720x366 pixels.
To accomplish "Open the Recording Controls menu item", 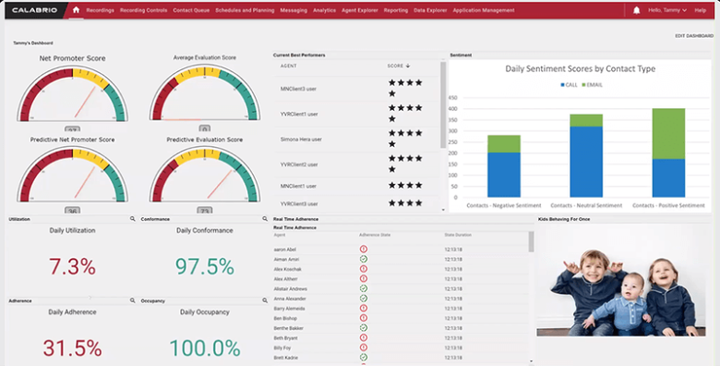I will [x=142, y=9].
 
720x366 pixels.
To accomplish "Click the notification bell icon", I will [x=637, y=9].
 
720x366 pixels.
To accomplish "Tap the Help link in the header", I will [x=700, y=9].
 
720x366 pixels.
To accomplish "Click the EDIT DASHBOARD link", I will [x=695, y=36].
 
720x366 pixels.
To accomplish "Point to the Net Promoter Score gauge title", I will [x=72, y=58].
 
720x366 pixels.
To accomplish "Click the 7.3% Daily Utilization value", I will [x=72, y=267].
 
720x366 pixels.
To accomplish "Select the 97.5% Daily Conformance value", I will [x=204, y=266].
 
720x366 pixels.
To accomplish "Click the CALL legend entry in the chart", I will [x=568, y=85].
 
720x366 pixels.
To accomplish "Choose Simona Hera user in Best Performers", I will [x=301, y=139].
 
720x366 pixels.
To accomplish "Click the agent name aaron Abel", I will [x=284, y=250].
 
